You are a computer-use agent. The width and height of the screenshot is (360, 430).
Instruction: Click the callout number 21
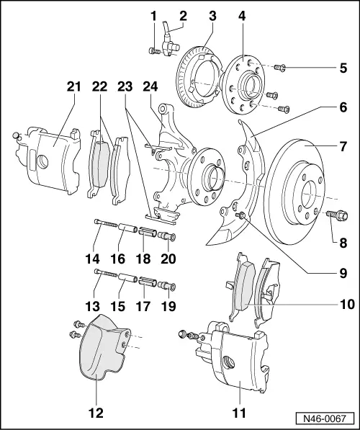(71, 87)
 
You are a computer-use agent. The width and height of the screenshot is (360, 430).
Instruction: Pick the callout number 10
(347, 304)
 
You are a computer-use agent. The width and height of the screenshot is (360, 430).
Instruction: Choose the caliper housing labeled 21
(50, 155)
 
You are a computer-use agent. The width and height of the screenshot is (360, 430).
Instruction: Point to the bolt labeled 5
(282, 68)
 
